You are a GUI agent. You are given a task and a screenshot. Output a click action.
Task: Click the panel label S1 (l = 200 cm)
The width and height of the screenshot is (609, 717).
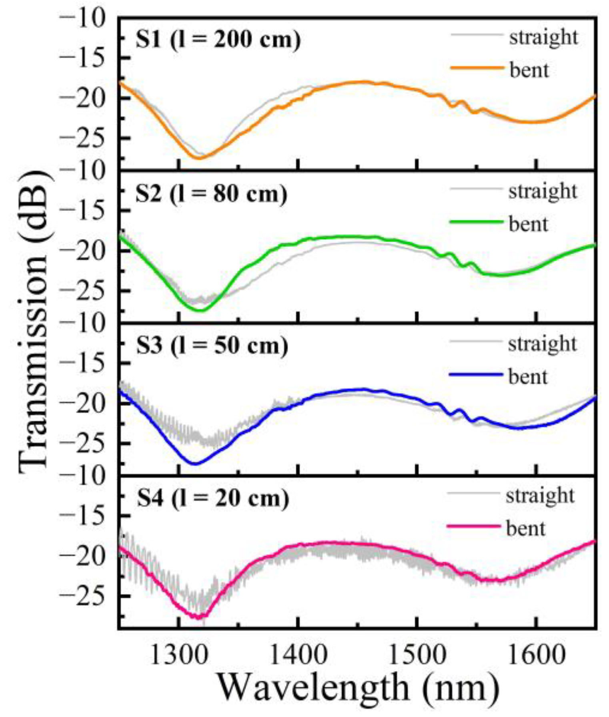point(218,40)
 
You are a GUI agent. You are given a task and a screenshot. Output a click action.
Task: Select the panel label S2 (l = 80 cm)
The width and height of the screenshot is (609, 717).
point(211,194)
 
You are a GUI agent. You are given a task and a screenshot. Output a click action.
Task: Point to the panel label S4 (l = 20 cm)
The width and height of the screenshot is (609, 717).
point(212,498)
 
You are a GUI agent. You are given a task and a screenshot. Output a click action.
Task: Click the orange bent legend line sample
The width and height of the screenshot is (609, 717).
point(477,68)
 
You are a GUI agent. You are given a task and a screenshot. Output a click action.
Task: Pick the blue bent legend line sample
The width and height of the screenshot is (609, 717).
point(476,375)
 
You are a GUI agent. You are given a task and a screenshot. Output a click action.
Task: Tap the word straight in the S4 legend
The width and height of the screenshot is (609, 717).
point(540,496)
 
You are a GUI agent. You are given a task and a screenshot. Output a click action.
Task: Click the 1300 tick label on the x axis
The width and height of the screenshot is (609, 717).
point(178,655)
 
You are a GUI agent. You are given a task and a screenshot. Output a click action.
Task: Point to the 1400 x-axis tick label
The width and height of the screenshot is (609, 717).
point(298,655)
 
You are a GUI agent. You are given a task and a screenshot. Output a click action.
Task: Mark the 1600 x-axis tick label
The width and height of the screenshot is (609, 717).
point(536,655)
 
